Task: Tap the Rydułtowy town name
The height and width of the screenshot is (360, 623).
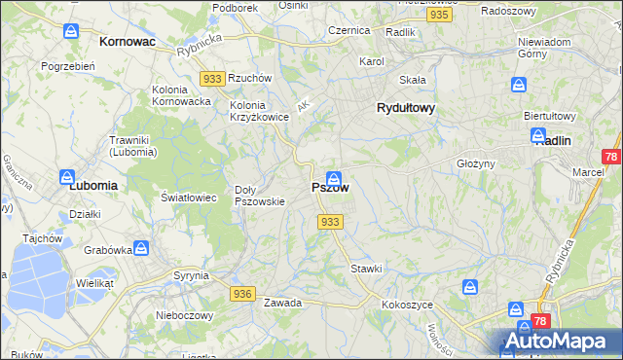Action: point(405,109)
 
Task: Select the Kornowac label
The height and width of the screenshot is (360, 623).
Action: point(128,43)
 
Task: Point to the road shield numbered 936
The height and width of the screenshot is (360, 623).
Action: point(242,293)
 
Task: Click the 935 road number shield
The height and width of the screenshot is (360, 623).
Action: point(439,16)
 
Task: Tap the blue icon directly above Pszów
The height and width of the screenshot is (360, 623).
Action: point(334,178)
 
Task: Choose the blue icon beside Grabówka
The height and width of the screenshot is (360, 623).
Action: point(141,248)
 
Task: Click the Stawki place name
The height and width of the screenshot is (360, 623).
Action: point(366,268)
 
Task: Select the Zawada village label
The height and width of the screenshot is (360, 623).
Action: point(282,303)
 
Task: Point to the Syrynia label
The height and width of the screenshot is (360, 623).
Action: point(192,275)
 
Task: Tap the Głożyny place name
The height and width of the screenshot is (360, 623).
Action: point(476,163)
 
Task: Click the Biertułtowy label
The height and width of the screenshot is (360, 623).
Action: point(551,115)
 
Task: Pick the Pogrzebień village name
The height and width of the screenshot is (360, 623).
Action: point(67,66)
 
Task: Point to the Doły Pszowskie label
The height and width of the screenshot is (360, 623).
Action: point(260,196)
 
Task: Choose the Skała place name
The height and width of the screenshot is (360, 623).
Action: point(414,80)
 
